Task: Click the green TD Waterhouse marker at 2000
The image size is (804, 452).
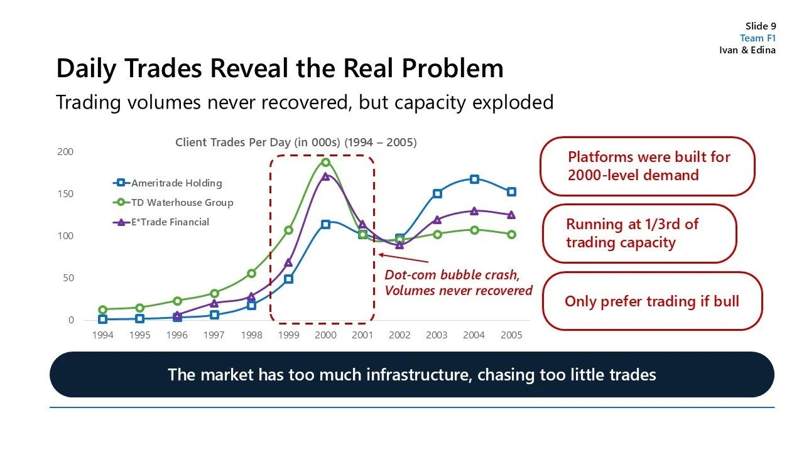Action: coord(325,162)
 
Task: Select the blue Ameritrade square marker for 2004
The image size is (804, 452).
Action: coord(474,180)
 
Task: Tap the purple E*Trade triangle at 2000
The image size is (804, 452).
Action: coord(325,176)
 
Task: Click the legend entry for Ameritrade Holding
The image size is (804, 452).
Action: coord(176,183)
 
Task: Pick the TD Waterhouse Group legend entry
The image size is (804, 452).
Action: coord(182,203)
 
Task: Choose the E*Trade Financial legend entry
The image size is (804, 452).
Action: coord(170,222)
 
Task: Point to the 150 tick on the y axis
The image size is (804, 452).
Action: coord(66,194)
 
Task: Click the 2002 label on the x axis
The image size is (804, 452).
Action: coord(399,335)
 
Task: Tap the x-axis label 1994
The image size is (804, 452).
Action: coord(102,335)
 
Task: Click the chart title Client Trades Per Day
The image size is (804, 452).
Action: coord(295,143)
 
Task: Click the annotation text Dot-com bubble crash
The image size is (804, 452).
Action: coord(452,275)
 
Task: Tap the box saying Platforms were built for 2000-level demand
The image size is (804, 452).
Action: coord(647,166)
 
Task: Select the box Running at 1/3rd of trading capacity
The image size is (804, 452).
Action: coord(638,234)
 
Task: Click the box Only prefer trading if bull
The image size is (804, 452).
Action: coord(651,301)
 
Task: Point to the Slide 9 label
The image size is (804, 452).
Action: coord(760,26)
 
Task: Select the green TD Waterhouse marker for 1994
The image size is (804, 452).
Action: coord(102,309)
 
